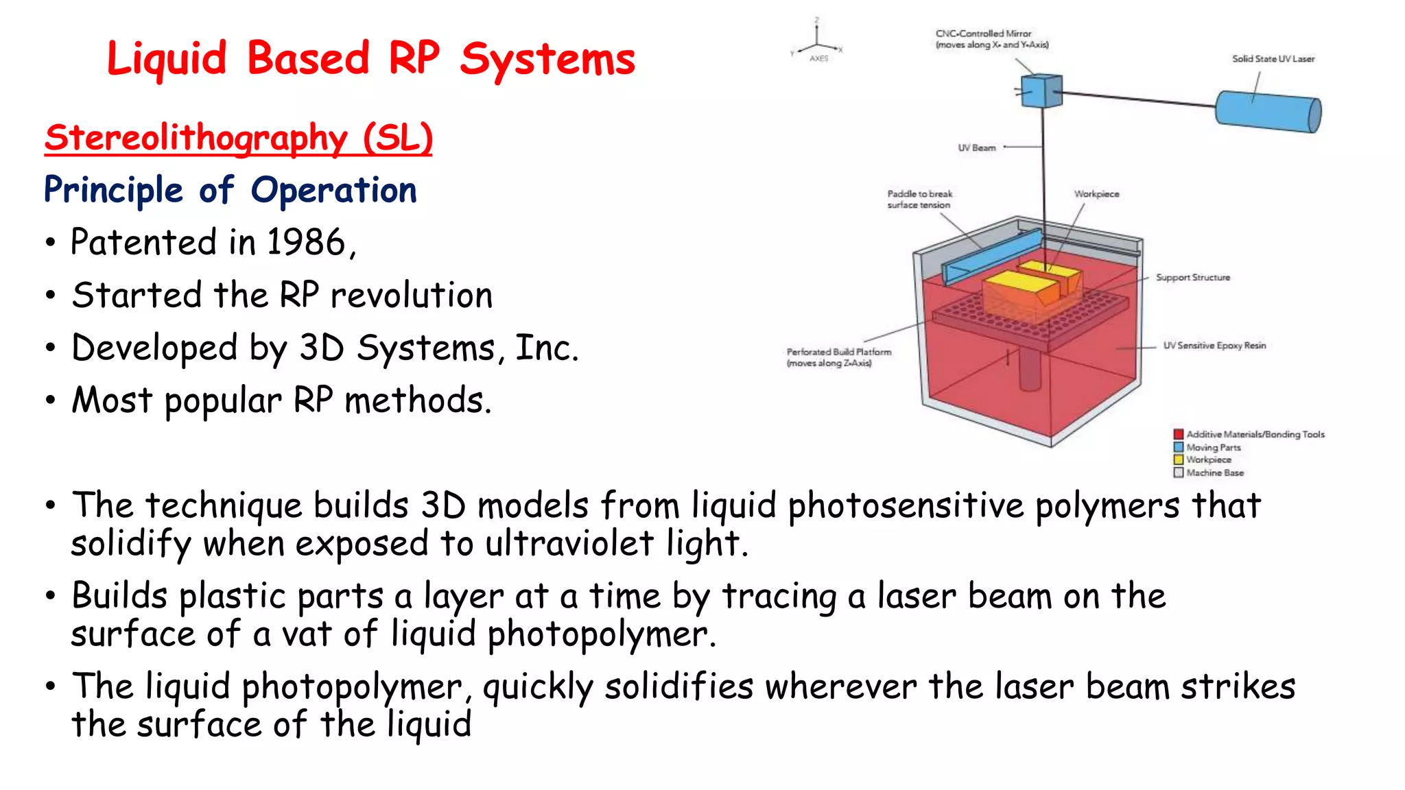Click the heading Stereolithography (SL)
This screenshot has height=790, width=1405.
238,138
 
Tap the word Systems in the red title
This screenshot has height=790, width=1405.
547,60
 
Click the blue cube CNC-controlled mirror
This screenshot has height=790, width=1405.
1041,91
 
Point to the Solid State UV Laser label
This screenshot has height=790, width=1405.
1273,59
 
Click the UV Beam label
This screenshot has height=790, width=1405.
976,147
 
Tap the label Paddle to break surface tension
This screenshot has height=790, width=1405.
919,199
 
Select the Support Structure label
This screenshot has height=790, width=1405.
1192,277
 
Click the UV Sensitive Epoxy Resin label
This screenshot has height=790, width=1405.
1214,345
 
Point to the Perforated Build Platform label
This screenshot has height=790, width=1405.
838,357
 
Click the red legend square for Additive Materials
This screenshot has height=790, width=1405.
1178,434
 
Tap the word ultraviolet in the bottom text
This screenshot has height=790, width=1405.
569,544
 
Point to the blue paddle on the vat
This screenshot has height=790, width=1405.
992,257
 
